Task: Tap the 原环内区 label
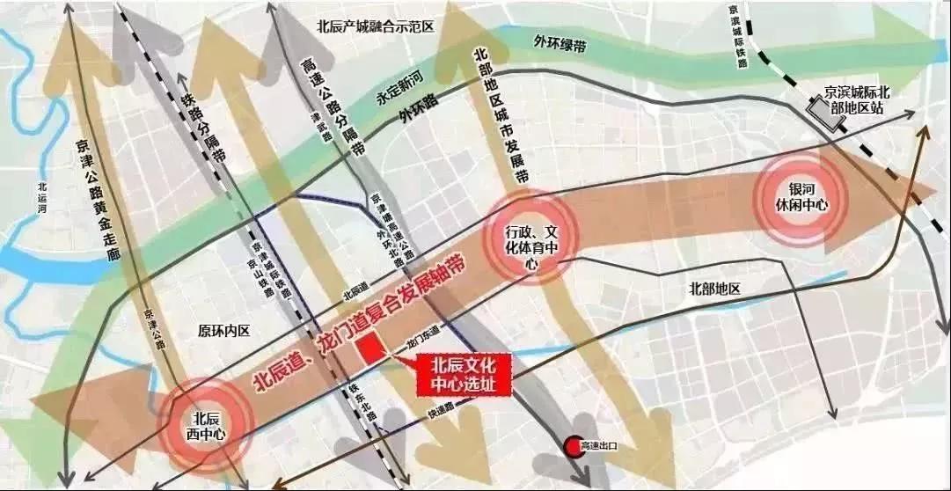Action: click(224, 331)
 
